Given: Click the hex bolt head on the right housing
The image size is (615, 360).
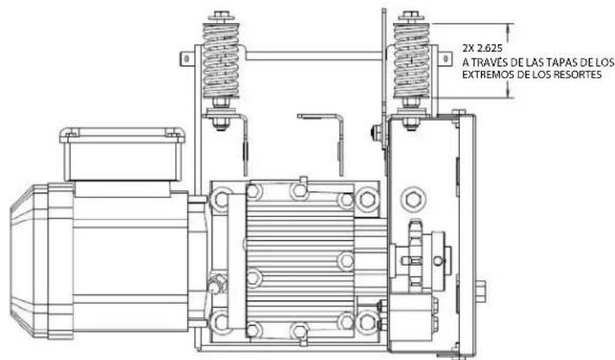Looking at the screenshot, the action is (x=413, y=200).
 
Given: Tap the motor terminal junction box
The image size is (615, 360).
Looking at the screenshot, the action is (x=122, y=154).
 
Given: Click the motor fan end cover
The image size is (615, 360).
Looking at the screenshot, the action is (x=29, y=261).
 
